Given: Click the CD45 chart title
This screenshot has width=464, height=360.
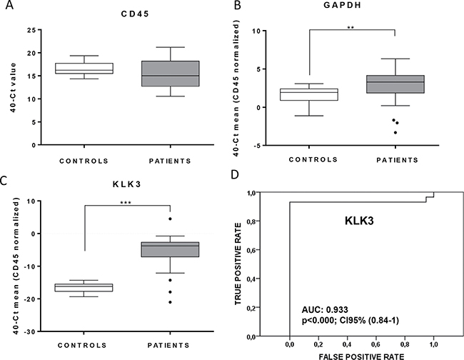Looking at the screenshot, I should click(x=115, y=12).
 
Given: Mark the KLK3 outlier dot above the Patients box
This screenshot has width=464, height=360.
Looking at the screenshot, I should click(x=170, y=219).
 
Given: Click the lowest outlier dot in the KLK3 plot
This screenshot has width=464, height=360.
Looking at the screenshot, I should click(x=170, y=302).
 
